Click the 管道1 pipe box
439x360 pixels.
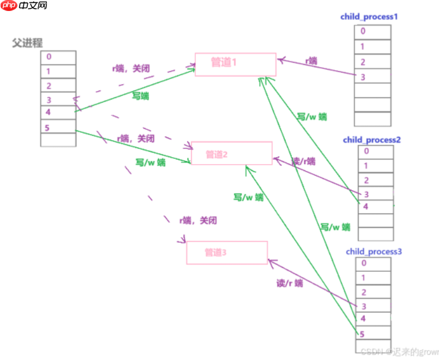coord(235,64)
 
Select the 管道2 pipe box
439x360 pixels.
coord(231,153)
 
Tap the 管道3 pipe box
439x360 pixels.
coord(226,252)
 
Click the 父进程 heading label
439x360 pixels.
coord(27,43)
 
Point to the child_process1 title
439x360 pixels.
coord(369,17)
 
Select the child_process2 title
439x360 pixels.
coord(372,140)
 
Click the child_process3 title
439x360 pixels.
coord(374,251)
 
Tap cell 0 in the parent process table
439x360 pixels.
coord(58,57)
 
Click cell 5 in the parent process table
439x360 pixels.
coord(58,126)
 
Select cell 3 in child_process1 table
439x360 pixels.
coord(372,76)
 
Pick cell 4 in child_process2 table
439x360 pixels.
coord(375,207)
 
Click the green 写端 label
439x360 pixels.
coord(140,96)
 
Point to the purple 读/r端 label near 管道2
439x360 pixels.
coord(303,162)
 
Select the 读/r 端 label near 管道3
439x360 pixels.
coord(289,283)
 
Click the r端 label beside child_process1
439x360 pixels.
coord(310,61)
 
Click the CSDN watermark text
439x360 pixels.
coord(399,351)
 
